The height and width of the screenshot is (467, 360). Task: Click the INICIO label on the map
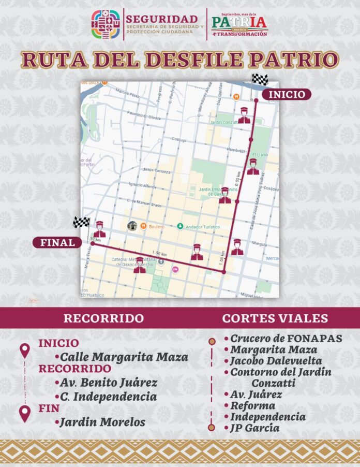(287, 94)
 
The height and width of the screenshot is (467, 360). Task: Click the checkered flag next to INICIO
(259, 80)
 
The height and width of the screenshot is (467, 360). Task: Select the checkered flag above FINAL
(82, 222)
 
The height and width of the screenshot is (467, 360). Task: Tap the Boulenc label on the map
(157, 227)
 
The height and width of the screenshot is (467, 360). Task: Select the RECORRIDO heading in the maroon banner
(103, 318)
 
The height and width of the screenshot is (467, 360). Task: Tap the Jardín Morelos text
(102, 422)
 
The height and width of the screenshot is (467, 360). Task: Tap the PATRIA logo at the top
(239, 22)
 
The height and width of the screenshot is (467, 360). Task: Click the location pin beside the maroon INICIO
(24, 351)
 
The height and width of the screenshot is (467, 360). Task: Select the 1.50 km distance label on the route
(160, 254)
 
